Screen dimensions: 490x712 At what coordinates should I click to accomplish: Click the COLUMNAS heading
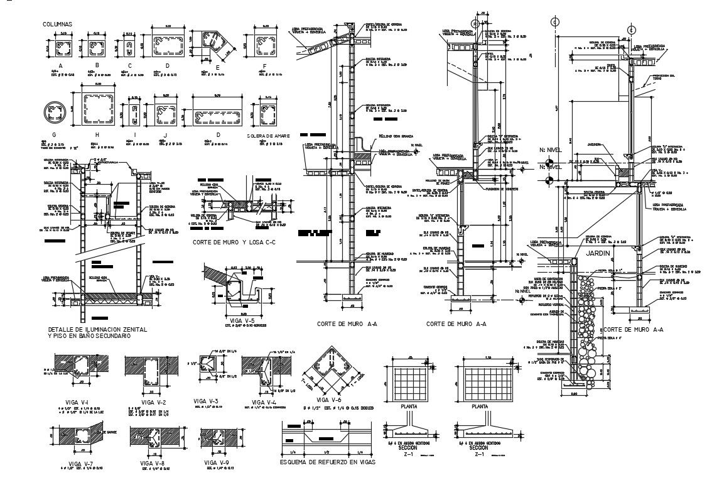(x=57, y=24)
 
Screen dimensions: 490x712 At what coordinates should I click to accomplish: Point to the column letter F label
(x=265, y=65)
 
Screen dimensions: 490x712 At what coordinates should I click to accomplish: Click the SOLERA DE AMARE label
(x=271, y=135)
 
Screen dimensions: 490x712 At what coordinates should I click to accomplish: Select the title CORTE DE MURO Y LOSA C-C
(x=234, y=242)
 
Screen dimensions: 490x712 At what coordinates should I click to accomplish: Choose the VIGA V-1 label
(x=76, y=401)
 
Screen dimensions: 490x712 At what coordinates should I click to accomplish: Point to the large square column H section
(x=93, y=109)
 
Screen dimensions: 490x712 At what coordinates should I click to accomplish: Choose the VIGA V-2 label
(x=153, y=401)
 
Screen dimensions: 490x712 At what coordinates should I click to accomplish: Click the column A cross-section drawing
(x=61, y=48)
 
